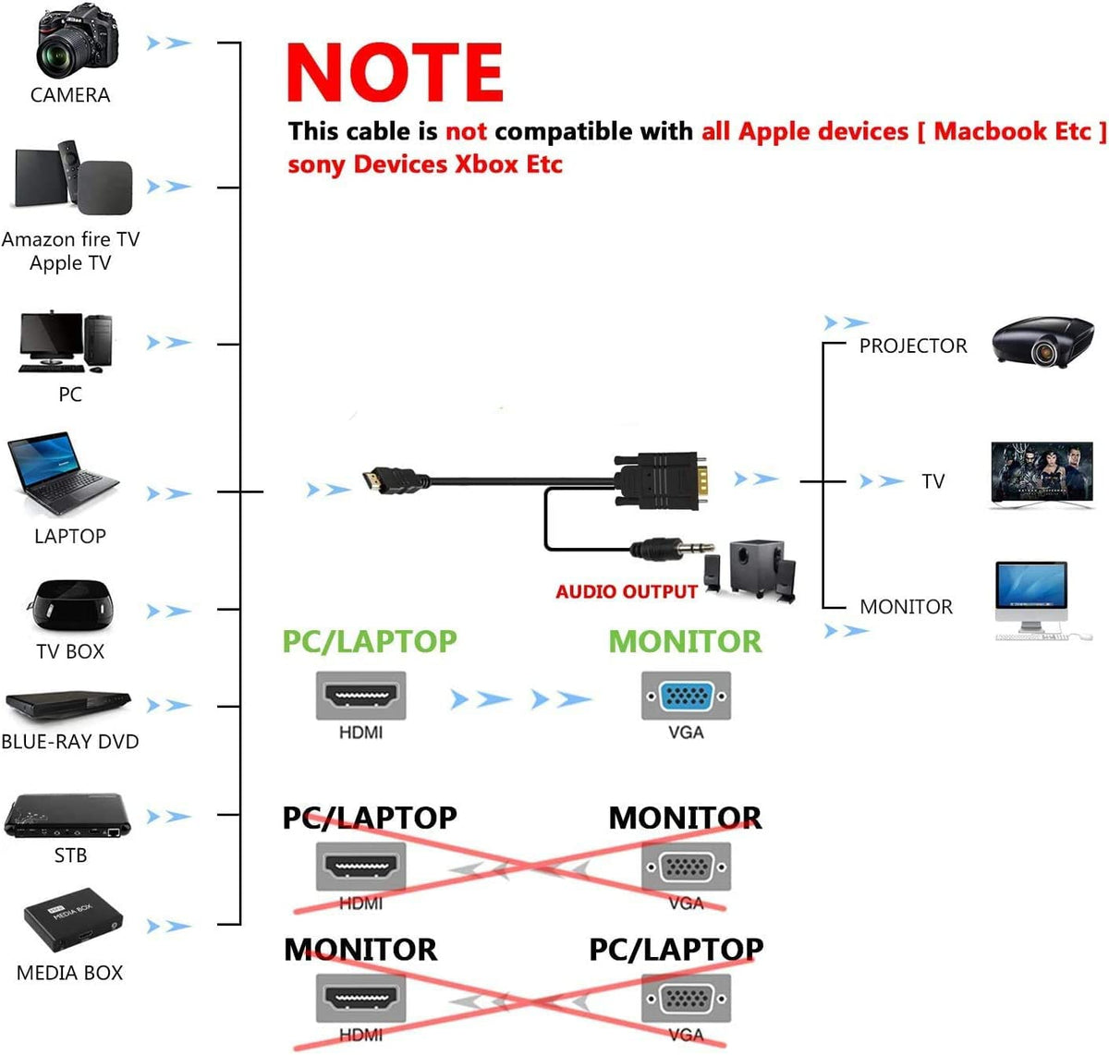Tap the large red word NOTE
click(x=395, y=73)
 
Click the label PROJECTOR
click(x=912, y=346)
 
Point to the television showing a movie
click(x=1042, y=475)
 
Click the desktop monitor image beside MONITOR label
click(x=1031, y=598)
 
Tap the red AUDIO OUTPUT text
click(x=626, y=592)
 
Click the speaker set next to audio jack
click(x=750, y=569)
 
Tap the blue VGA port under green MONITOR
click(x=686, y=696)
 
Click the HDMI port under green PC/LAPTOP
click(x=360, y=696)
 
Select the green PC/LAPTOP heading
click(x=369, y=642)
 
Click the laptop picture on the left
click(x=63, y=475)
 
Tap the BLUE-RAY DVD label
click(x=70, y=742)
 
